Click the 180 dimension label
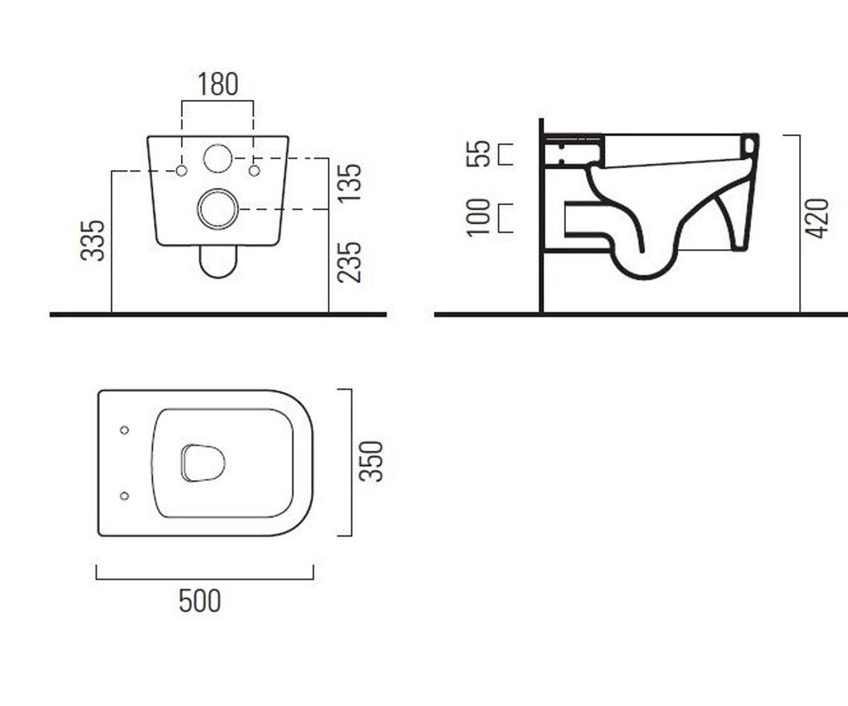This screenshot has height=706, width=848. (218, 85)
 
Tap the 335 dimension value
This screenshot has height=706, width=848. (93, 240)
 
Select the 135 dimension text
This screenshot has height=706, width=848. (349, 183)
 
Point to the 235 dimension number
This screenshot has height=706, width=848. (349, 262)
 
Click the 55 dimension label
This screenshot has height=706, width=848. (478, 153)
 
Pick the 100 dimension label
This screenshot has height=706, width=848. (478, 217)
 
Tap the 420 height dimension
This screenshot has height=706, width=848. (816, 218)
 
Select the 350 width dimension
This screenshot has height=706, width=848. (371, 461)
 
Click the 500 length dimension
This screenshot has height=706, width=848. (200, 601)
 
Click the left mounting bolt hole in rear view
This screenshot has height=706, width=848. (182, 171)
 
